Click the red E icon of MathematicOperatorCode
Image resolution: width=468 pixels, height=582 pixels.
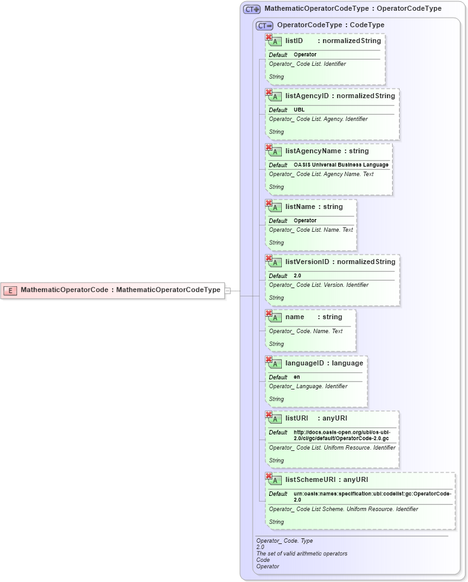click(10, 290)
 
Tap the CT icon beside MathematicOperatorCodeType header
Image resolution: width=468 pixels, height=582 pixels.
click(252, 9)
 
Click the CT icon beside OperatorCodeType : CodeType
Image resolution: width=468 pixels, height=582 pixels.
click(264, 26)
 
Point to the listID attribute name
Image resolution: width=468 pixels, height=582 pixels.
click(294, 41)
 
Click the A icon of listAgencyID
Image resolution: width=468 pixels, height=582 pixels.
click(276, 97)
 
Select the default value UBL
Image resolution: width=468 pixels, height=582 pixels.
click(299, 110)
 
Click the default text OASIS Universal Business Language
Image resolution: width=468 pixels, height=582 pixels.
click(341, 165)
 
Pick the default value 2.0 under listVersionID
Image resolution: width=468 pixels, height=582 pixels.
click(298, 275)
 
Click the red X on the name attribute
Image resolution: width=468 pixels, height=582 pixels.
click(269, 313)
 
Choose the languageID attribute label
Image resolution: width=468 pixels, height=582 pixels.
click(307, 363)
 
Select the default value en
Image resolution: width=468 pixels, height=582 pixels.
click(296, 377)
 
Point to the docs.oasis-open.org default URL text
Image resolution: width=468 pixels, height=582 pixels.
click(341, 435)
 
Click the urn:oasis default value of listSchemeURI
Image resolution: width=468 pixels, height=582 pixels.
click(372, 496)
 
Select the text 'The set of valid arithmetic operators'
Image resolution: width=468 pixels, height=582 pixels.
click(301, 554)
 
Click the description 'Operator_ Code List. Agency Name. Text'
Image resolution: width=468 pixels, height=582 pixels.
click(321, 174)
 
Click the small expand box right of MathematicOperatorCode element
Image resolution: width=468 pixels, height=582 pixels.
click(227, 291)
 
